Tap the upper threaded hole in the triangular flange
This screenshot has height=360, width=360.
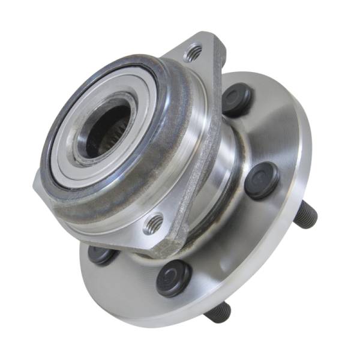[x=193, y=53]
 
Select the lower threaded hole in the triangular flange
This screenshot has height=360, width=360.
[x=154, y=224]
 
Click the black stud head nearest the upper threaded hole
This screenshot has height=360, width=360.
[x=237, y=99]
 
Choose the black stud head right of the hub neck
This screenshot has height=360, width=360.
[x=262, y=180]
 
